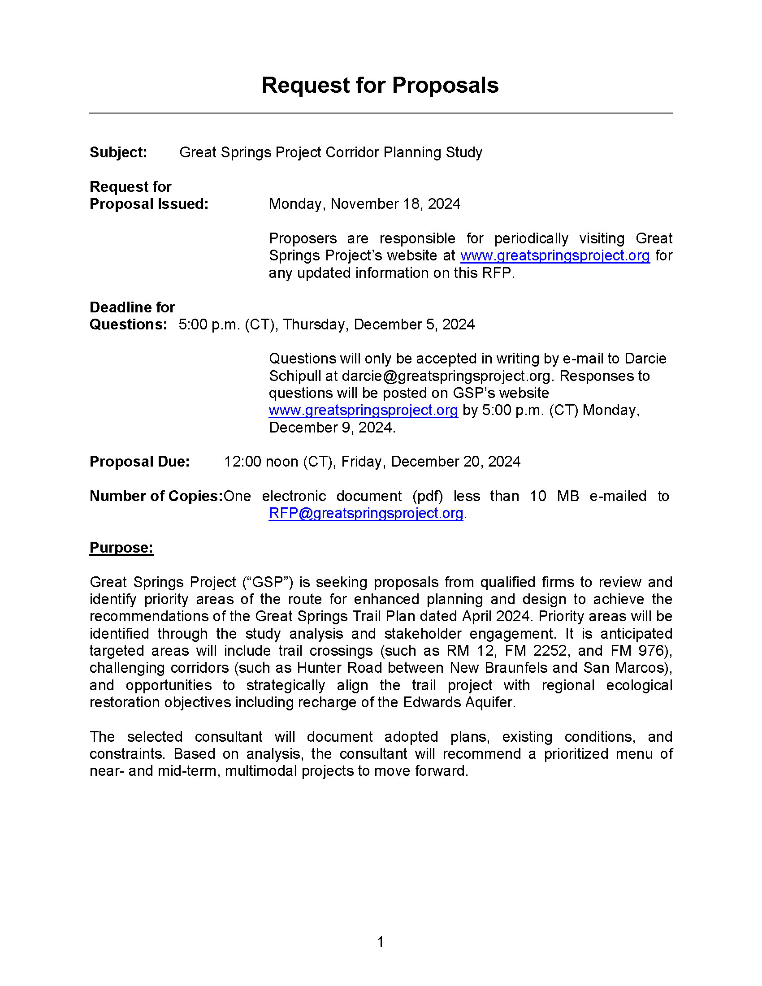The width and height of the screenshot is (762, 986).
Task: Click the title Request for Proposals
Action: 380,85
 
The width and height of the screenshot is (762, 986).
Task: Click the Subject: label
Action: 118,152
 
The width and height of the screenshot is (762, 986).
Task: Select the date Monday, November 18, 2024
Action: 364,204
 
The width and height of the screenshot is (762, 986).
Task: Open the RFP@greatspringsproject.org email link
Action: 366,513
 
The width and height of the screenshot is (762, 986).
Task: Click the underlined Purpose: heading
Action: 121,548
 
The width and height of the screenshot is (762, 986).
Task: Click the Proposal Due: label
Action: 139,462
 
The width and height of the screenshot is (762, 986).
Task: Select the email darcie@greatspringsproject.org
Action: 446,376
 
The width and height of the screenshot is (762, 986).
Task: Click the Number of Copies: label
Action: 156,496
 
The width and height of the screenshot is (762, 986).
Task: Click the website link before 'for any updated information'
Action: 555,256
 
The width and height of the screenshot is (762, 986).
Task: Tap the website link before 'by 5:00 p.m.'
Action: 364,411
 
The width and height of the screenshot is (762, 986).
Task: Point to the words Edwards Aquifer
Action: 458,702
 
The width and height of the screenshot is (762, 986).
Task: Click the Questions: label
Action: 128,324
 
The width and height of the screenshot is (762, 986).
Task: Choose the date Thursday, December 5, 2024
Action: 379,324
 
